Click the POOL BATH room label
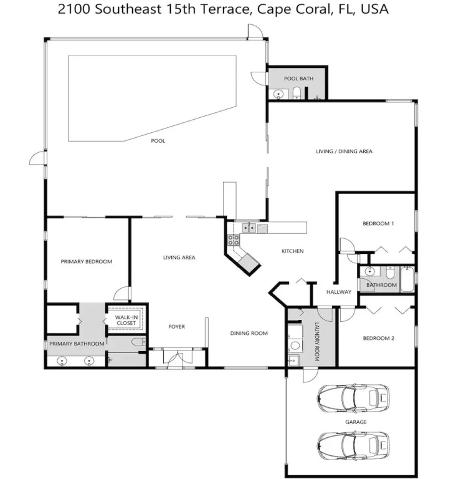point(298,79)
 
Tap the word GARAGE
point(356,422)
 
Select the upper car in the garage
point(353,398)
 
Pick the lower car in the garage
point(353,445)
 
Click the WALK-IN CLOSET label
point(126,320)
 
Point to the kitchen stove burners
point(234,239)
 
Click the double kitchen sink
point(249,228)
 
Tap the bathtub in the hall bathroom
point(407,279)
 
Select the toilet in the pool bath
point(297,93)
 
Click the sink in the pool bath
point(278,94)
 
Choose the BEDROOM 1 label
point(378,223)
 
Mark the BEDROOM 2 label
point(379,338)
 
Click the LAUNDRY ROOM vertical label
point(316,342)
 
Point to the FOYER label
point(177,327)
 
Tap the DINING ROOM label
point(249,333)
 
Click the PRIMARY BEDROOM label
point(87,261)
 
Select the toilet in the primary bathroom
point(138,342)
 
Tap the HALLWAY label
point(339,292)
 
